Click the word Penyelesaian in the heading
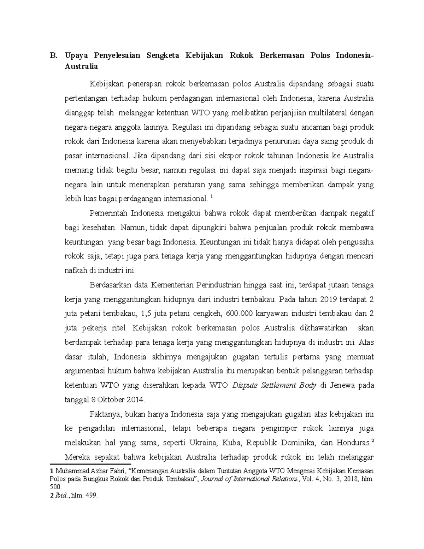pos(117,56)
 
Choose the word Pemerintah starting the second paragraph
pos(108,214)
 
